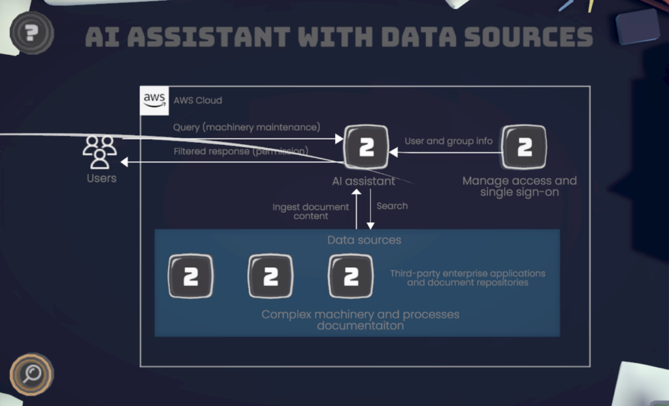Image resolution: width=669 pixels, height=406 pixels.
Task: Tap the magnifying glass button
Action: tap(31, 373)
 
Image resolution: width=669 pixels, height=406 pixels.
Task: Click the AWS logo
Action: tap(154, 100)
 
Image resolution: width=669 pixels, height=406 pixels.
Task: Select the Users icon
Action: tap(100, 152)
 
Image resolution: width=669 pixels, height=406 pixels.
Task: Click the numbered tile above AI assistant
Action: tap(366, 148)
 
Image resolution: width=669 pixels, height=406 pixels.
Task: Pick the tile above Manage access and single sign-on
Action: tap(524, 148)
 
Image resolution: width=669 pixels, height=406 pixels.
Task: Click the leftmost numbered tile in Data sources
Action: tap(191, 277)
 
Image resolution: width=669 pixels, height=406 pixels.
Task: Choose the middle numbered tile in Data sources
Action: tap(270, 277)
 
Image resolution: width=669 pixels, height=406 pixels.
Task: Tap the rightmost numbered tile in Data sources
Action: tap(351, 277)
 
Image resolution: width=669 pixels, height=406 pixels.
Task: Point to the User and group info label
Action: tap(448, 141)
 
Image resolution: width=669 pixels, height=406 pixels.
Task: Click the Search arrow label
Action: tap(392, 206)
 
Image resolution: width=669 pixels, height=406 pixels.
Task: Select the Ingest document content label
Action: tap(310, 211)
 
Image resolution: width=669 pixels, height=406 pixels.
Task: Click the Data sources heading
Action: tap(364, 240)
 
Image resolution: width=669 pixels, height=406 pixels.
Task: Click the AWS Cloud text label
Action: tap(197, 101)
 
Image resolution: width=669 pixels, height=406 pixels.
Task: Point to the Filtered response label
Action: tap(240, 151)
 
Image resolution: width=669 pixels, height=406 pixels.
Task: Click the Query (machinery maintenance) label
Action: tap(246, 127)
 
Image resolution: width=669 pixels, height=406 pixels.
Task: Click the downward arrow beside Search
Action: tap(370, 209)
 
